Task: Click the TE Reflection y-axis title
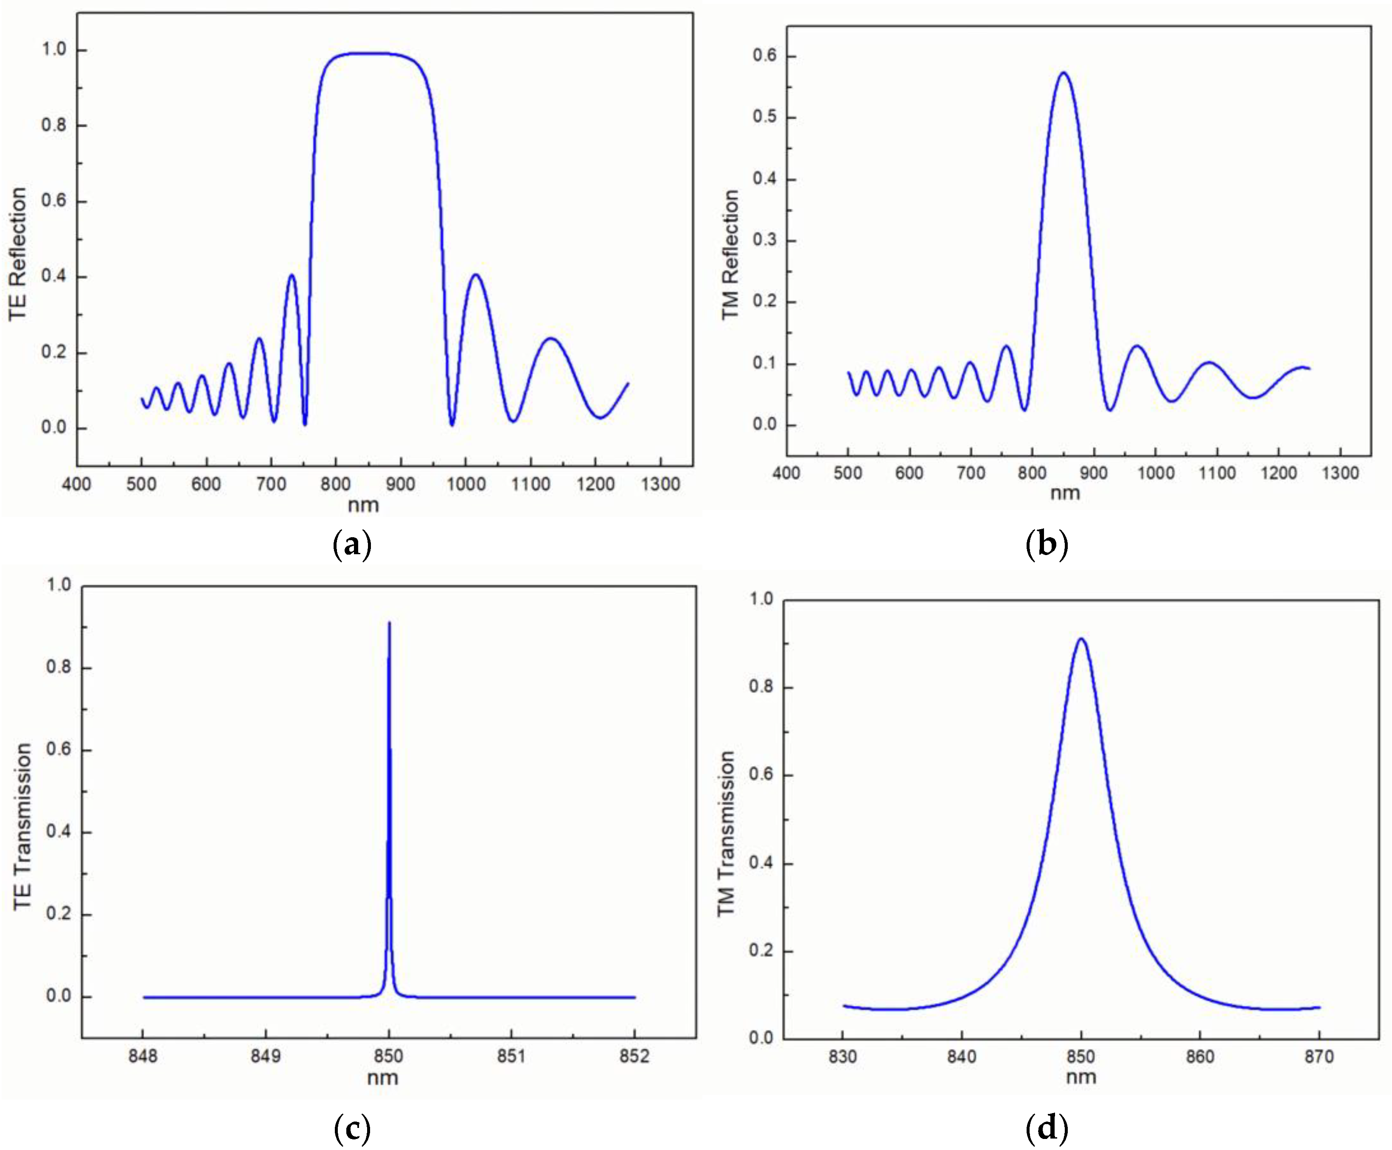coord(18,254)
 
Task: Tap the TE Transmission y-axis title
coord(22,826)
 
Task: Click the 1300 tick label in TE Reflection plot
coord(660,484)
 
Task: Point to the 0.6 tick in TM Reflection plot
coord(765,56)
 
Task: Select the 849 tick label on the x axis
coord(266,1056)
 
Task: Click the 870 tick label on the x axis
coord(1319,1057)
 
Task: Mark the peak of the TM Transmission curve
coord(1080,639)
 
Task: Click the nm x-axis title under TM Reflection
coord(1065,493)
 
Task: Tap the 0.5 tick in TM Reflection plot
coord(765,117)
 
